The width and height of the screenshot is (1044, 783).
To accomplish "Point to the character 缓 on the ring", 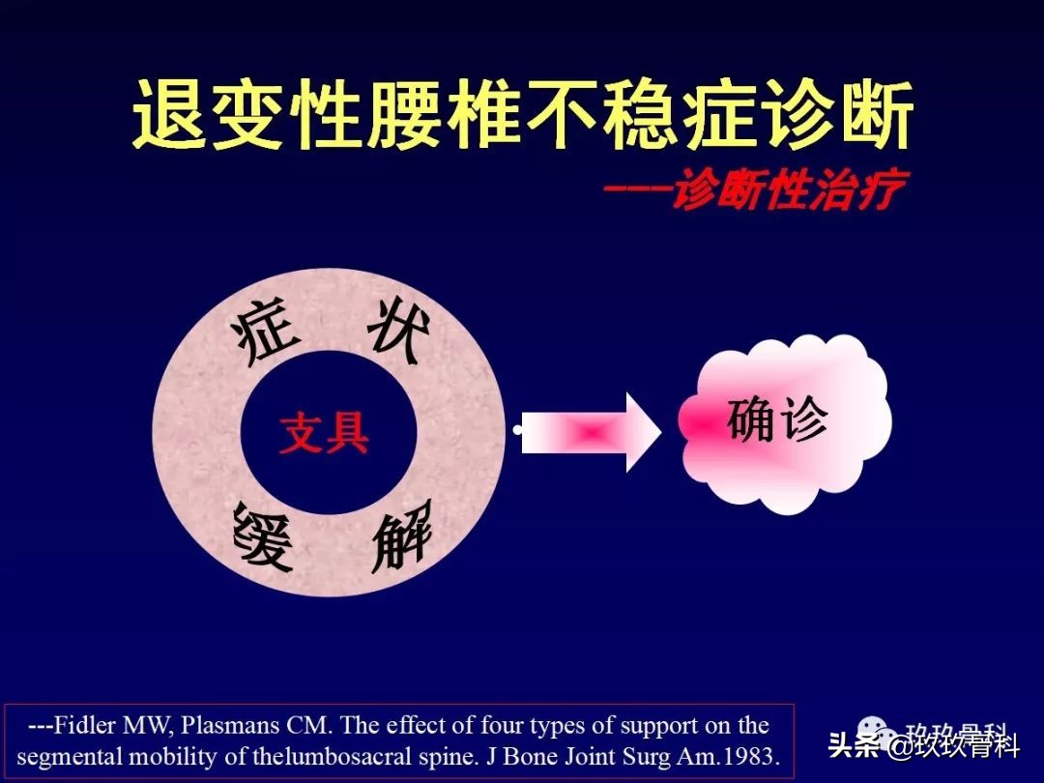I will click(x=263, y=537).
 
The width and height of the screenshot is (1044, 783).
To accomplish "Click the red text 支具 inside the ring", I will click(x=325, y=434).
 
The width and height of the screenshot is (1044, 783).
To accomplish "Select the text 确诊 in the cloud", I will click(x=777, y=420).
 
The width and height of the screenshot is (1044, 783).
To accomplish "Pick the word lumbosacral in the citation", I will click(x=344, y=756).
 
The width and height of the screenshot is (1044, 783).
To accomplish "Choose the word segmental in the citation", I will click(x=65, y=756).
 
